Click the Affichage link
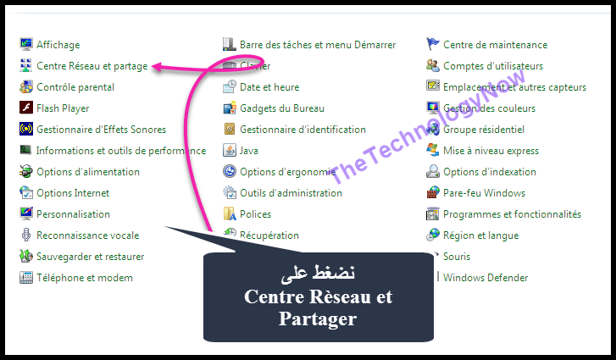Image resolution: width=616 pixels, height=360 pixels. [x=58, y=45]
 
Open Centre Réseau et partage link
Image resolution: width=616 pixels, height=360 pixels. [x=92, y=66]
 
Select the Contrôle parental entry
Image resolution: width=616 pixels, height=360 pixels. [x=75, y=87]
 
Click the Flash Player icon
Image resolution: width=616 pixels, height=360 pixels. [x=26, y=108]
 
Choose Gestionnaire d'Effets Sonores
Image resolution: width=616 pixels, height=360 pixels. [x=101, y=130]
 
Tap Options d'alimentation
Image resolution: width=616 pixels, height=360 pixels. [x=87, y=172]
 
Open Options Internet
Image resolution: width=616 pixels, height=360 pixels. [x=73, y=193]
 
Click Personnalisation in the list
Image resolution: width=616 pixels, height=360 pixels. [x=73, y=214]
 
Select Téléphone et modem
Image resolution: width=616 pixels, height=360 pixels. [x=84, y=278]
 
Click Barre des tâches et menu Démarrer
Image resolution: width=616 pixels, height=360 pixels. [x=318, y=45]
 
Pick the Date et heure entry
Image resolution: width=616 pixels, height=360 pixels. [x=269, y=87]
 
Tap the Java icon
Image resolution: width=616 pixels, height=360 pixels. [x=230, y=151]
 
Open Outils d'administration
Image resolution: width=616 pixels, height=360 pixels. [x=291, y=193]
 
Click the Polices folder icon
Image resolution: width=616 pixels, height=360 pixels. [x=230, y=214]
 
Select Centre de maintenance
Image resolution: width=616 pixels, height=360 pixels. [x=495, y=45]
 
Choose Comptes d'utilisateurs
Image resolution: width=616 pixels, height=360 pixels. [x=493, y=66]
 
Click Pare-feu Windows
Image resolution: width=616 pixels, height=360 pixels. [x=484, y=193]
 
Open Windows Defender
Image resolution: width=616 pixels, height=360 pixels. [x=486, y=278]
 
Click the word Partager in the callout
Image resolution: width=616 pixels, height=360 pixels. [x=318, y=318]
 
